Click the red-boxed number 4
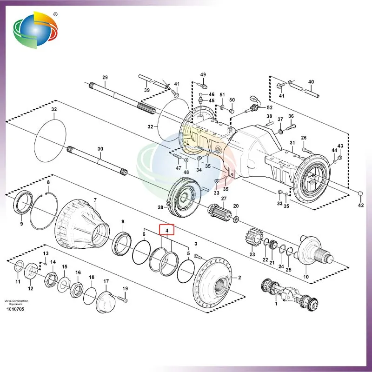coord(166,229)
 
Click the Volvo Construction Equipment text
coord(16,302)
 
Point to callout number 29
coord(105,77)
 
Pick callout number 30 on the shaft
coord(100,149)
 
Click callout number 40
coord(311,82)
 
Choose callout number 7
coord(95,201)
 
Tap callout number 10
coord(306,277)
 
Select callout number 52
coord(270,108)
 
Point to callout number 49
coord(203,75)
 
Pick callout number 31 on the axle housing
coord(292,142)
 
